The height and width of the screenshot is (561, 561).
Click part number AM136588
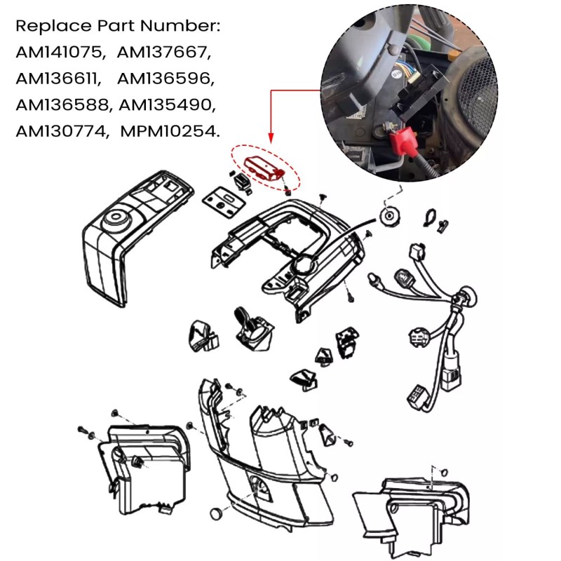[x=62, y=105]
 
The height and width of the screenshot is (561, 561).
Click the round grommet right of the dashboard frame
[x=388, y=215]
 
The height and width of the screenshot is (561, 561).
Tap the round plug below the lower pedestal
[x=218, y=513]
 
